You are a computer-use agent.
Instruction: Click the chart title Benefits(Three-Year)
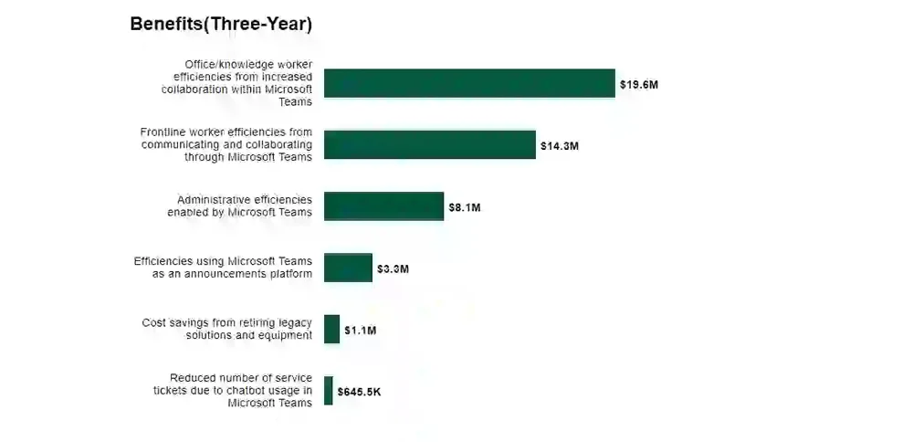(x=221, y=25)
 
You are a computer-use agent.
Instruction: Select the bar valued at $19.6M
(x=469, y=83)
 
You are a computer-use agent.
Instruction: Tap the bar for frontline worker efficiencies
(x=429, y=144)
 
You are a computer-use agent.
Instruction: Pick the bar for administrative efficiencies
(x=383, y=206)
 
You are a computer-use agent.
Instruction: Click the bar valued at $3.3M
(x=348, y=268)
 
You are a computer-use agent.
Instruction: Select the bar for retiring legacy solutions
(x=331, y=330)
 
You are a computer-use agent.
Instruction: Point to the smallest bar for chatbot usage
(x=329, y=391)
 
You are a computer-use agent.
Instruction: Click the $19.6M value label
(x=639, y=85)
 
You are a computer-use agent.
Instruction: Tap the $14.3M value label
(x=560, y=146)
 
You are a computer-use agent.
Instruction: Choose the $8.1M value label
(x=464, y=207)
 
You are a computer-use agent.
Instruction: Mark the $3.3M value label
(x=393, y=269)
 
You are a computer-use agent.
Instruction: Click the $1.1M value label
(x=360, y=331)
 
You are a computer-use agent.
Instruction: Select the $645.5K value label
(x=359, y=392)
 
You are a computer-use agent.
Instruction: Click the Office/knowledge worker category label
(x=237, y=83)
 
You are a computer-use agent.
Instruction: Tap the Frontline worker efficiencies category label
(x=226, y=144)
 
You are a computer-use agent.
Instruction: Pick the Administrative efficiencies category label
(x=240, y=206)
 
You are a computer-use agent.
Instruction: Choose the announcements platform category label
(x=223, y=268)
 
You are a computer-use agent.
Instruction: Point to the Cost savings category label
(x=227, y=330)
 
